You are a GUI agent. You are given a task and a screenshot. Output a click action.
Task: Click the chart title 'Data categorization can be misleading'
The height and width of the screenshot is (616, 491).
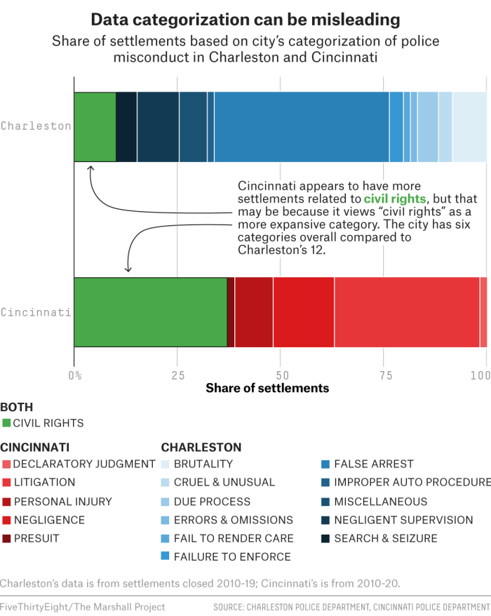(245, 18)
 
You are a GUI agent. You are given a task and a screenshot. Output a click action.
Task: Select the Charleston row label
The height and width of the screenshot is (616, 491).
(36, 126)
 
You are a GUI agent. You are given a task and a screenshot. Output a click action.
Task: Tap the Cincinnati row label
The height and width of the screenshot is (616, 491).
(36, 312)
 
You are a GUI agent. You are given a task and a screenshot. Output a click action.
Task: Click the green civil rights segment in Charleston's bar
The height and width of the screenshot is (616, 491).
(95, 126)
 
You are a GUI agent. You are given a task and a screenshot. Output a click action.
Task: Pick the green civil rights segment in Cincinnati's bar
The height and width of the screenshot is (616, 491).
(150, 312)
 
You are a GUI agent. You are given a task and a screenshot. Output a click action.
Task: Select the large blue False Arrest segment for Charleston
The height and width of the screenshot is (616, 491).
(302, 126)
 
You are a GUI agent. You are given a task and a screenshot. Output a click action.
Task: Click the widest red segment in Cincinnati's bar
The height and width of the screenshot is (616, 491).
(407, 312)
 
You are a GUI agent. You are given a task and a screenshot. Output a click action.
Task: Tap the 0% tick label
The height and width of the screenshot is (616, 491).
(74, 375)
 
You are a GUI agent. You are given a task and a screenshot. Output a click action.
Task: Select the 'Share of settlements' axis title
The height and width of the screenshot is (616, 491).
(267, 388)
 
